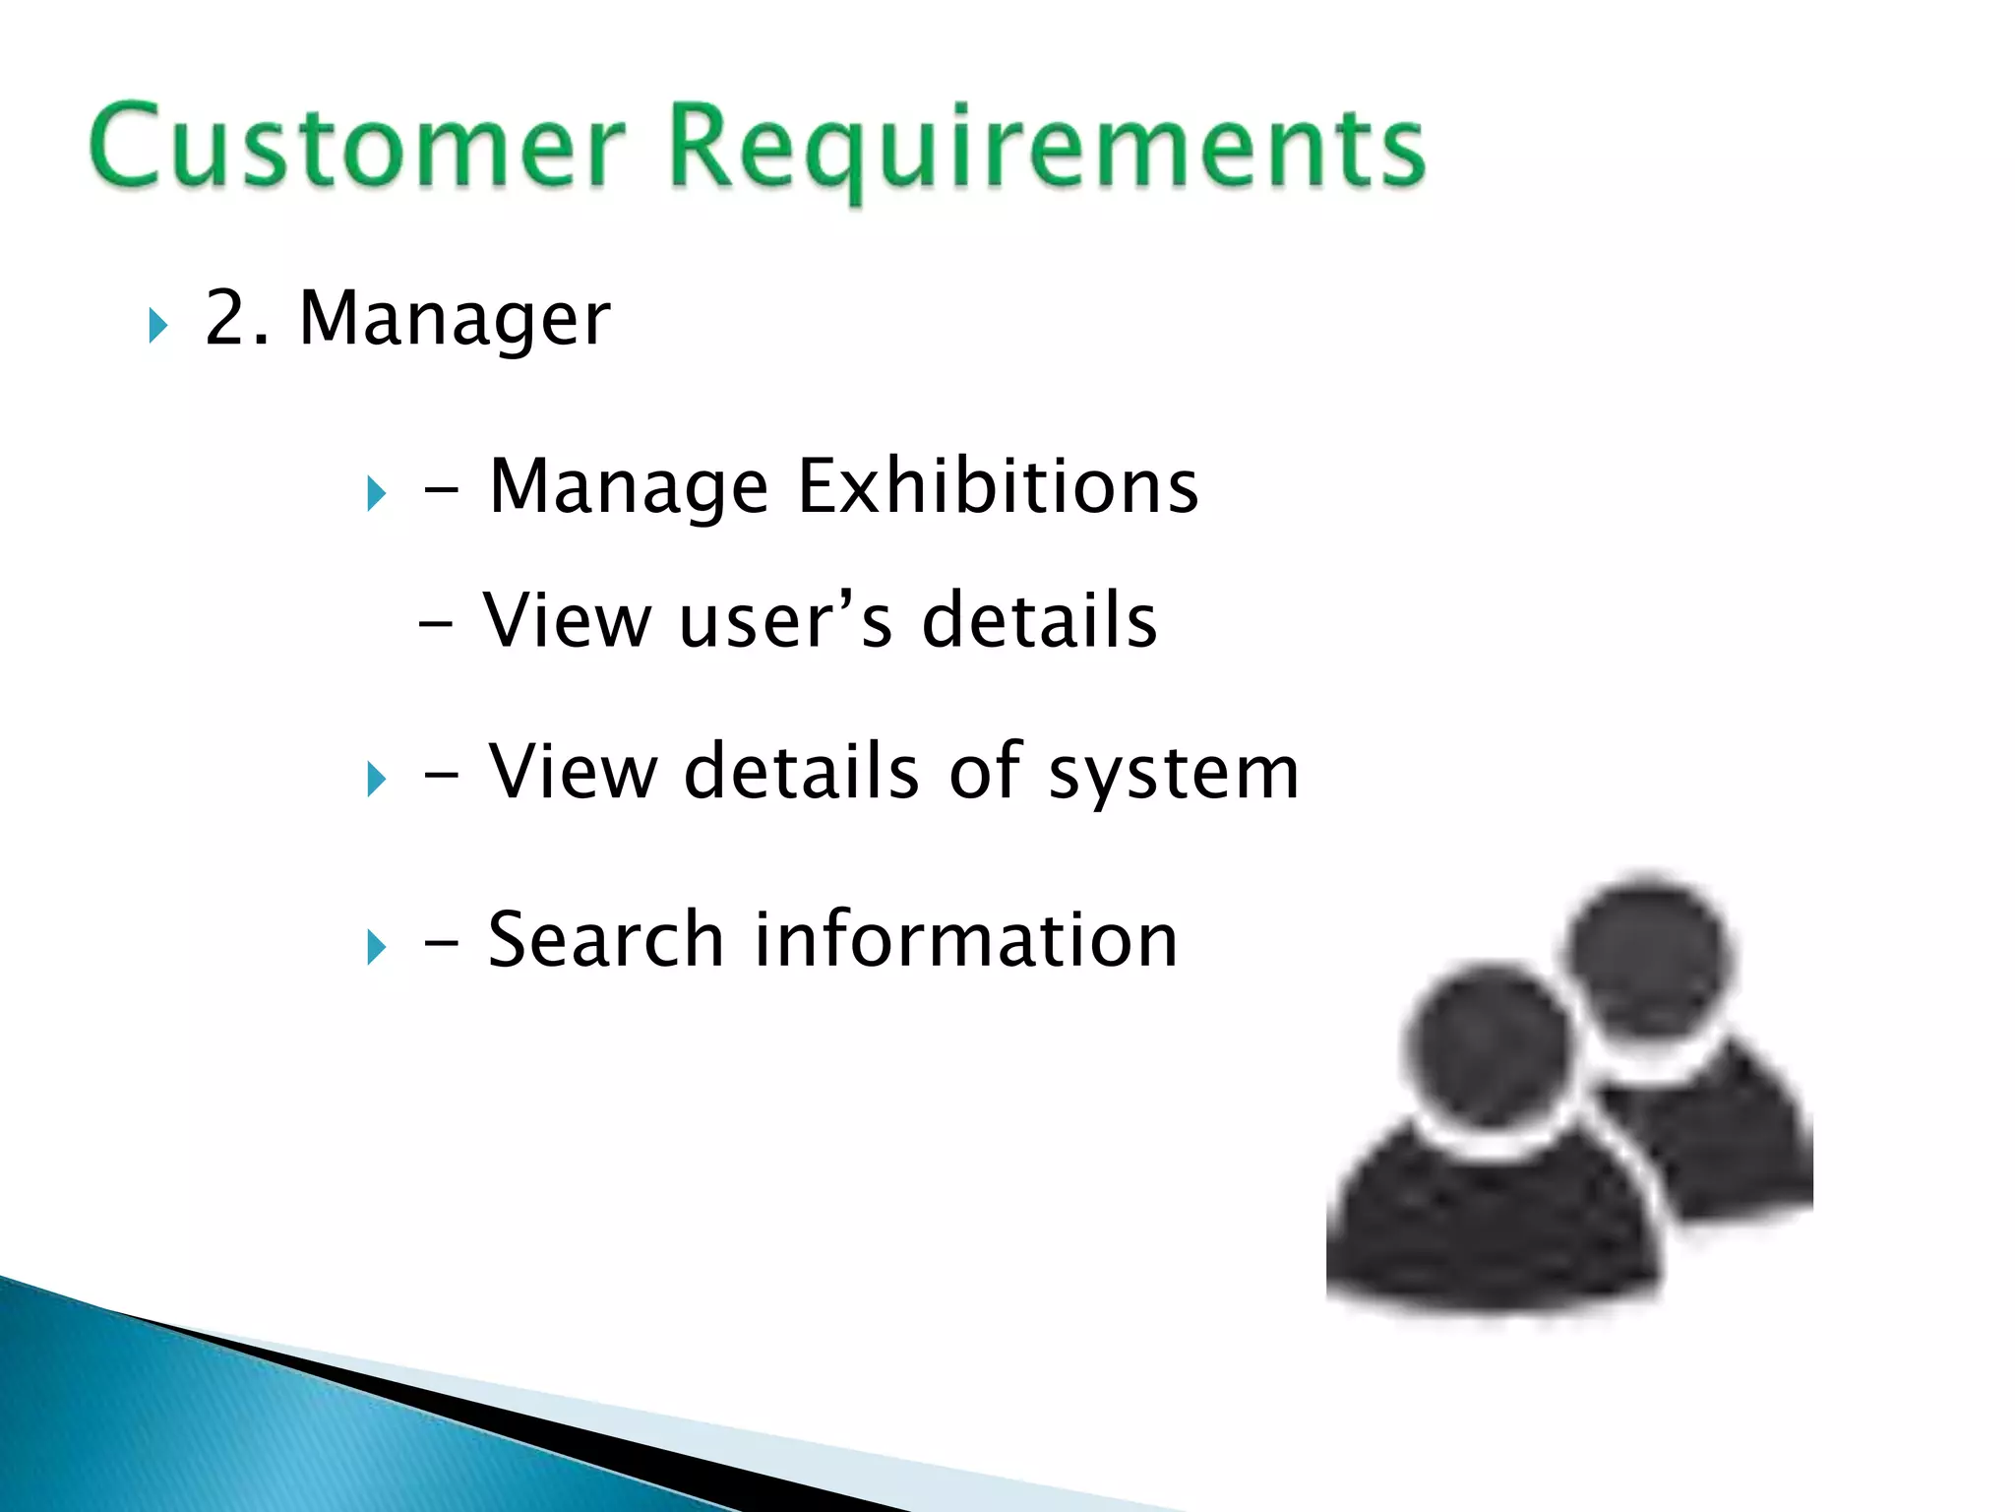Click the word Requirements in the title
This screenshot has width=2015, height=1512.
[x=1047, y=148]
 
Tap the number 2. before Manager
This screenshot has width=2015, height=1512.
[x=236, y=318]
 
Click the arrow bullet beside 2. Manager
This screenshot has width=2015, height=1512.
[x=158, y=326]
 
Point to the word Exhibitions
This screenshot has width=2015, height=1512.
[x=998, y=486]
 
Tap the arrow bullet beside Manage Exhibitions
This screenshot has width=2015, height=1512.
[x=376, y=493]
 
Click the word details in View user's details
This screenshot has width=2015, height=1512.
[x=1039, y=620]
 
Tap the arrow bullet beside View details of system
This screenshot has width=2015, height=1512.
[x=376, y=780]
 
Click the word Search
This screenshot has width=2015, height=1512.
[x=606, y=940]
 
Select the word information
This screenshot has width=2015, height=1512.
[x=965, y=940]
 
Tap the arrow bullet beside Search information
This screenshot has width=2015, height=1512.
[x=376, y=947]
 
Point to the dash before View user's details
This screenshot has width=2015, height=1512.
[x=436, y=625]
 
